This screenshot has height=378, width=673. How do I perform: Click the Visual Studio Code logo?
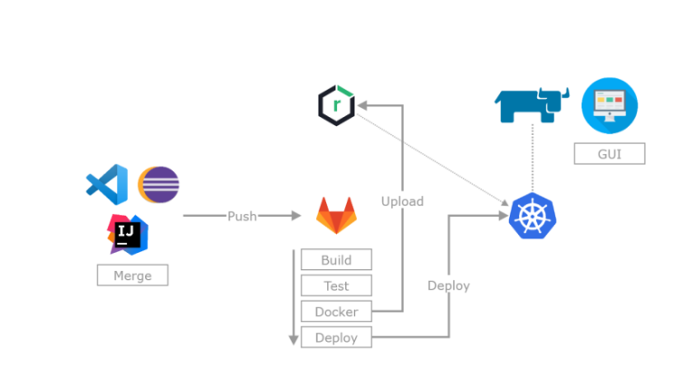pyautogui.click(x=107, y=185)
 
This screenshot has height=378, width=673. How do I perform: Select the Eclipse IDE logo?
pyautogui.click(x=159, y=185)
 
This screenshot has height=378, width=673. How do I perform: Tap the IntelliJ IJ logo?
pyautogui.click(x=128, y=235)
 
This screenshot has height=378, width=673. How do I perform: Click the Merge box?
pyautogui.click(x=132, y=275)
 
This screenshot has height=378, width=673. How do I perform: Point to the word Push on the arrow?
pyautogui.click(x=242, y=216)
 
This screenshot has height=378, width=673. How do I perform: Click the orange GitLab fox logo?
pyautogui.click(x=337, y=215)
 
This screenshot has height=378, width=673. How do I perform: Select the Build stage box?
pyautogui.click(x=337, y=259)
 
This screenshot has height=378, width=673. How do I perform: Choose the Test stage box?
pyautogui.click(x=337, y=286)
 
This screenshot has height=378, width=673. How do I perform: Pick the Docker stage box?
pyautogui.click(x=337, y=312)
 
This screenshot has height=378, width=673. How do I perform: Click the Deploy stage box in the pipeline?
pyautogui.click(x=337, y=337)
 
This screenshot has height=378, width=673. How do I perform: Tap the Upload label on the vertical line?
pyautogui.click(x=402, y=201)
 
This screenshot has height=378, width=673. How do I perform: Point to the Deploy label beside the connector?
pyautogui.click(x=448, y=286)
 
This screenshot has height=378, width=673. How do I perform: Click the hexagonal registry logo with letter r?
pyautogui.click(x=337, y=105)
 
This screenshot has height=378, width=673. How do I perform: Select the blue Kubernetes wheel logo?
pyautogui.click(x=533, y=216)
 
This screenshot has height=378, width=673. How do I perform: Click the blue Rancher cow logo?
pyautogui.click(x=533, y=105)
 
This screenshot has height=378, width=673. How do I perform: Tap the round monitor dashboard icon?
pyautogui.click(x=610, y=105)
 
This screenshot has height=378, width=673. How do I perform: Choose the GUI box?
pyautogui.click(x=610, y=154)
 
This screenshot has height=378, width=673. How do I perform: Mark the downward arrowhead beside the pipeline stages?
pyautogui.click(x=293, y=340)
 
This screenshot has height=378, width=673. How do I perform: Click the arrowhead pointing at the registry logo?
pyautogui.click(x=362, y=105)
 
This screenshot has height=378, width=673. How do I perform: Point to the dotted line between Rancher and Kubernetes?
pyautogui.click(x=533, y=158)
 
